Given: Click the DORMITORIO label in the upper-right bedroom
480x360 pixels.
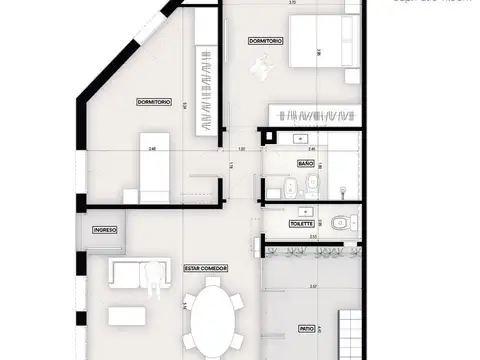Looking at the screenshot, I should [x=265, y=42].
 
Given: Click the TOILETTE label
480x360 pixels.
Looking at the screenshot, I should [x=303, y=224].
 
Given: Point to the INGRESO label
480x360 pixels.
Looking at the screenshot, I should [x=106, y=230].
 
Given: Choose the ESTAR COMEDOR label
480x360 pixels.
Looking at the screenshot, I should [x=207, y=268].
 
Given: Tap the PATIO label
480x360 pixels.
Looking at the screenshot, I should [x=306, y=328].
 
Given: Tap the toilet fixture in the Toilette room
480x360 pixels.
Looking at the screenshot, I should [x=342, y=223].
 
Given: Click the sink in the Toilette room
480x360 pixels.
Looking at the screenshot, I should [x=302, y=212].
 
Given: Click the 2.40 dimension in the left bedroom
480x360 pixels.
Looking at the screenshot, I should [x=151, y=149].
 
